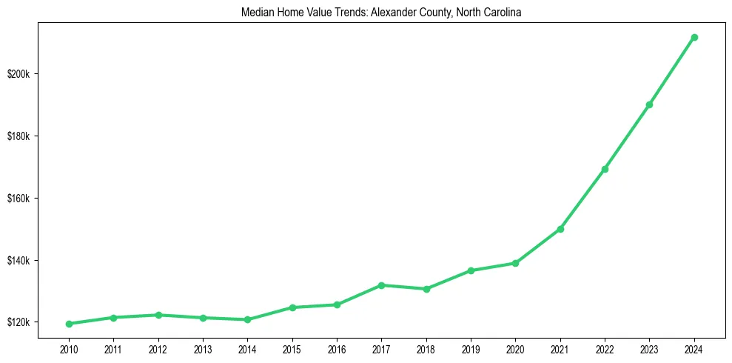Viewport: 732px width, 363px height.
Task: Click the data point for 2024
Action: click(694, 37)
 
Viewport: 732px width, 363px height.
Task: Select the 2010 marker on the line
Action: click(69, 324)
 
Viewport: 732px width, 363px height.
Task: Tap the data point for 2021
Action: click(560, 229)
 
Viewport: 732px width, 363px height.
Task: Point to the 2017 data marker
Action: click(381, 285)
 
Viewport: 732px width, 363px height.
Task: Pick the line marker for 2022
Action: click(605, 169)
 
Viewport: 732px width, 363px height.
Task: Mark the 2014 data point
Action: click(247, 319)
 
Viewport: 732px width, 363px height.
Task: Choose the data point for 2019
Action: click(471, 270)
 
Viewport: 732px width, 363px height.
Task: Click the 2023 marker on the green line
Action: click(649, 104)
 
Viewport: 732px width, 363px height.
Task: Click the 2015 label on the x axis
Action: click(292, 347)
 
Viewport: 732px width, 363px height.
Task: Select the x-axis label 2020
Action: click(515, 347)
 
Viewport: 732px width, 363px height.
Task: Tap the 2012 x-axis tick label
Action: click(158, 347)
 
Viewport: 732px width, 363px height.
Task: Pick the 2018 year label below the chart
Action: click(426, 347)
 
